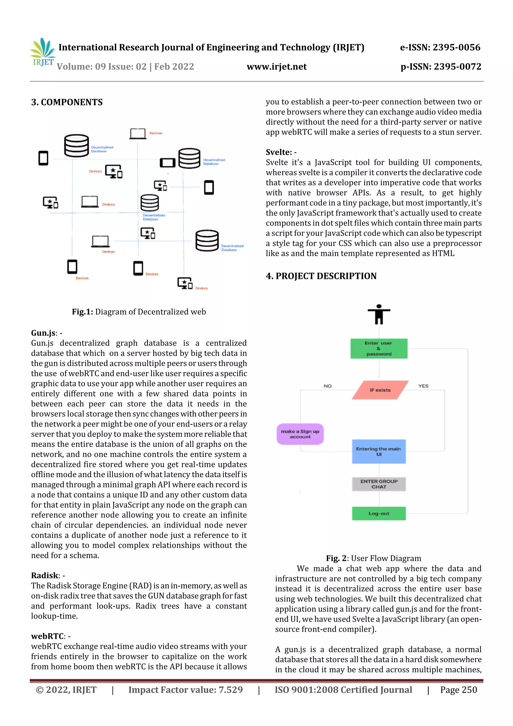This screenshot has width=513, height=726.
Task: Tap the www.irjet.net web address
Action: coord(277,67)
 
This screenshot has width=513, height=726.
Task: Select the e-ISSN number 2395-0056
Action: coord(456,47)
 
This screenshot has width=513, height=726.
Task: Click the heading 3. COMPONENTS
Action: coord(67,102)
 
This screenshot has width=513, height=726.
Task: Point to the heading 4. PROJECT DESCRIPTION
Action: coord(321,276)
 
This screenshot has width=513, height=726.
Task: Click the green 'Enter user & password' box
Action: coord(379,348)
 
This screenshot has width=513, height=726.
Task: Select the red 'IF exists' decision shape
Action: coord(380,390)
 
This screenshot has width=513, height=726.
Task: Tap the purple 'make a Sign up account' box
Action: coord(300,434)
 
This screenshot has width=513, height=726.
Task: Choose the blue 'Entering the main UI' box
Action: coord(379,451)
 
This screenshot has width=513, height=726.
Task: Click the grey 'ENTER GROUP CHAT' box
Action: coord(379,484)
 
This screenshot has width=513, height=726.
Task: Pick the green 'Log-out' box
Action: coord(379,513)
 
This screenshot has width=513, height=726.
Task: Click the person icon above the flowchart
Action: coord(379,314)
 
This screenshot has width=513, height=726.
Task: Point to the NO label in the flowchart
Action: coord(327,386)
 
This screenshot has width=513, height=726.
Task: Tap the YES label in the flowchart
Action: coord(423,386)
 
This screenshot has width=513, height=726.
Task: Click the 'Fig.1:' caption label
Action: coord(82,312)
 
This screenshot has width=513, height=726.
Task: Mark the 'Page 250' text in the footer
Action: coord(458,690)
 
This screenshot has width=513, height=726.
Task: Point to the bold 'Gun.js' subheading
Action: coord(43,333)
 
